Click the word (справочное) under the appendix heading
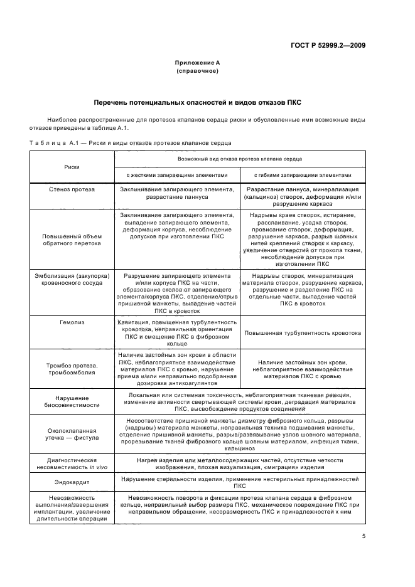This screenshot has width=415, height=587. [x=197, y=71]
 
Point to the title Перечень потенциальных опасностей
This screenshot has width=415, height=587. [x=198, y=102]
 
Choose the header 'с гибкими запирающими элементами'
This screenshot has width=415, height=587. [x=303, y=176]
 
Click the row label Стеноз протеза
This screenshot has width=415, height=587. [x=72, y=189]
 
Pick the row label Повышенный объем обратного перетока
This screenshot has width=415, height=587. [x=72, y=240]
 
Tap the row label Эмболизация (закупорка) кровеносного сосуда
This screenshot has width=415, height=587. [x=72, y=280]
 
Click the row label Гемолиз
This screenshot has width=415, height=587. [x=72, y=322]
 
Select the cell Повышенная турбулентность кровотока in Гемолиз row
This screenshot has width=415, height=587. [x=303, y=334]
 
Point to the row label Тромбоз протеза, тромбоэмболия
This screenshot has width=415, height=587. [x=72, y=369]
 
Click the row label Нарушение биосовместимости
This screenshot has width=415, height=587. [x=72, y=401]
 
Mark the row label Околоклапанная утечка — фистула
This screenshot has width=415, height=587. [x=72, y=435]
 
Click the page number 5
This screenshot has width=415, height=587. [x=364, y=536]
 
